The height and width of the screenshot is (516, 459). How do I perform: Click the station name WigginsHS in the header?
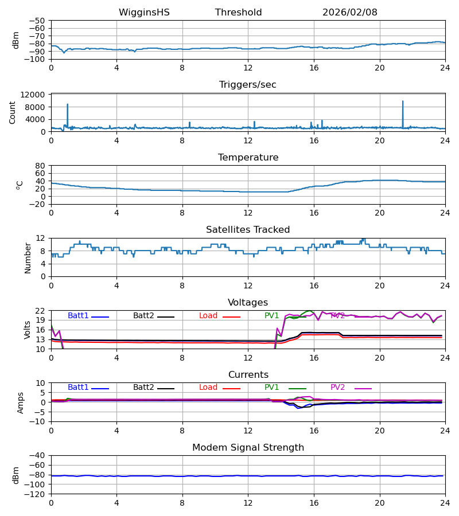[144, 13]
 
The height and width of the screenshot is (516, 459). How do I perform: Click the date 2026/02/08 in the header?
[349, 13]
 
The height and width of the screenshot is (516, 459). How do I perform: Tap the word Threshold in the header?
[238, 13]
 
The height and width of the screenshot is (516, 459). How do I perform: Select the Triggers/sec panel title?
[247, 85]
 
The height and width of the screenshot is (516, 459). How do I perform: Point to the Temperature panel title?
[248, 158]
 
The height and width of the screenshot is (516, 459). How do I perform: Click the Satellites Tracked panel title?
[248, 230]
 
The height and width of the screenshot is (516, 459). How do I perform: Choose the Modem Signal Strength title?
[248, 448]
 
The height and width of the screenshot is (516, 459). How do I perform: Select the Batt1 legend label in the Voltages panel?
[78, 316]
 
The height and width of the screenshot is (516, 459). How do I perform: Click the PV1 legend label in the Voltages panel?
[271, 316]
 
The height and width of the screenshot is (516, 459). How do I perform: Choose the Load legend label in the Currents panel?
[208, 388]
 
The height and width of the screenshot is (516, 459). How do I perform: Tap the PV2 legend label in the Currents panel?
[337, 388]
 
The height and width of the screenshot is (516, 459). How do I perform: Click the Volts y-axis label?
[27, 330]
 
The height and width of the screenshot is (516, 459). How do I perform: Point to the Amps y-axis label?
[20, 402]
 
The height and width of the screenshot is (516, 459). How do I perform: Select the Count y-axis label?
[13, 112]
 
